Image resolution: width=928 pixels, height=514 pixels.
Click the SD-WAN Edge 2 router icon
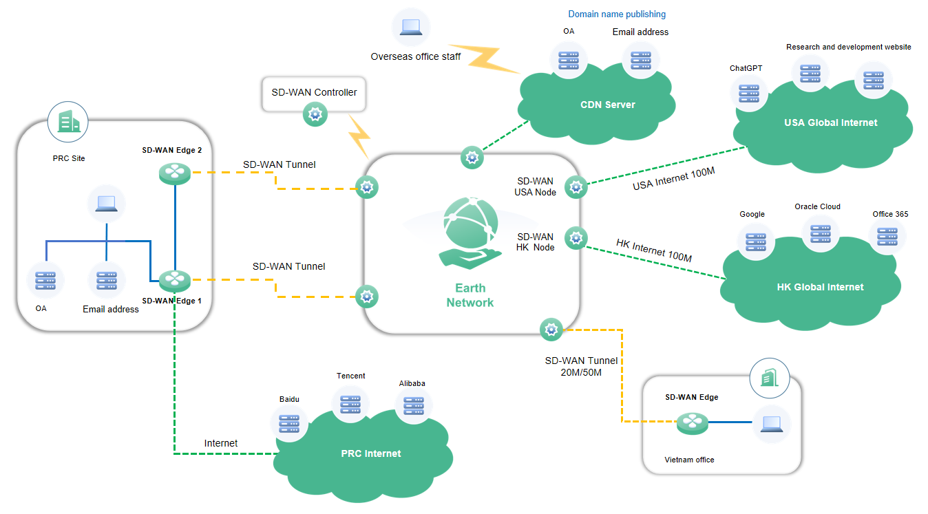(175, 173)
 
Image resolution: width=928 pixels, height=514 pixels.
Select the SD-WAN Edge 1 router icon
(175, 280)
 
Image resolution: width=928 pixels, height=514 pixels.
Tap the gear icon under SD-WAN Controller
(315, 115)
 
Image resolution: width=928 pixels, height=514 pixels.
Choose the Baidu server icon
(289, 423)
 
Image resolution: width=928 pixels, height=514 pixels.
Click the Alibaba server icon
(413, 407)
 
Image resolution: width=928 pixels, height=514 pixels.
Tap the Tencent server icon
(350, 403)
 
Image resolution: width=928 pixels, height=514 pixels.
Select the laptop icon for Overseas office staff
(411, 27)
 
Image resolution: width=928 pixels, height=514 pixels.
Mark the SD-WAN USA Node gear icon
(576, 186)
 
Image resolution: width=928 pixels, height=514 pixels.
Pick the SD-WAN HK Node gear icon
(576, 238)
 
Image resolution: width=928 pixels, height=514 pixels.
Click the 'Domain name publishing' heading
(617, 14)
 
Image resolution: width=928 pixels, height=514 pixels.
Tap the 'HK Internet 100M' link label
(653, 250)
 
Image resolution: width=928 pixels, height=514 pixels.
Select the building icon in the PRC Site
(67, 121)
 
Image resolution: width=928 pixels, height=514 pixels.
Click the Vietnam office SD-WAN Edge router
(692, 422)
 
